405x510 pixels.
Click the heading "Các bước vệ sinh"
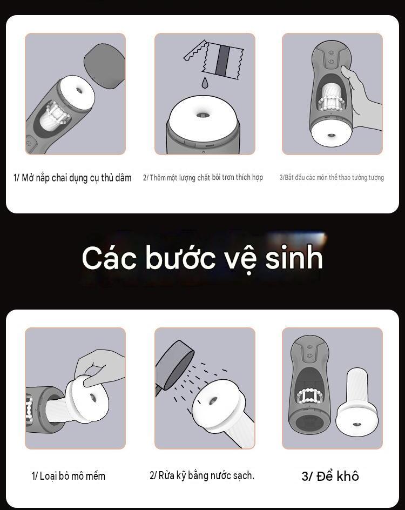point(202,258)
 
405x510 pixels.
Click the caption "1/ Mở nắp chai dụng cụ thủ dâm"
point(72,178)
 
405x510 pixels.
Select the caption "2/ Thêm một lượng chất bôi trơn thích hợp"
point(203,178)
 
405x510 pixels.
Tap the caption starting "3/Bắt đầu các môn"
point(332,178)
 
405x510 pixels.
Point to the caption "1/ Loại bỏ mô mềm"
point(69,476)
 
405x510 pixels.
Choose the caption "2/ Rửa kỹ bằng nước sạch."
point(202,475)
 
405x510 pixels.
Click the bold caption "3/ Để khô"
point(330,476)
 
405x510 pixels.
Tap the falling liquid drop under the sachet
point(205,83)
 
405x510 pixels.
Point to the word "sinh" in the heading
point(294,258)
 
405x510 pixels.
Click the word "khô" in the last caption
point(348,476)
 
